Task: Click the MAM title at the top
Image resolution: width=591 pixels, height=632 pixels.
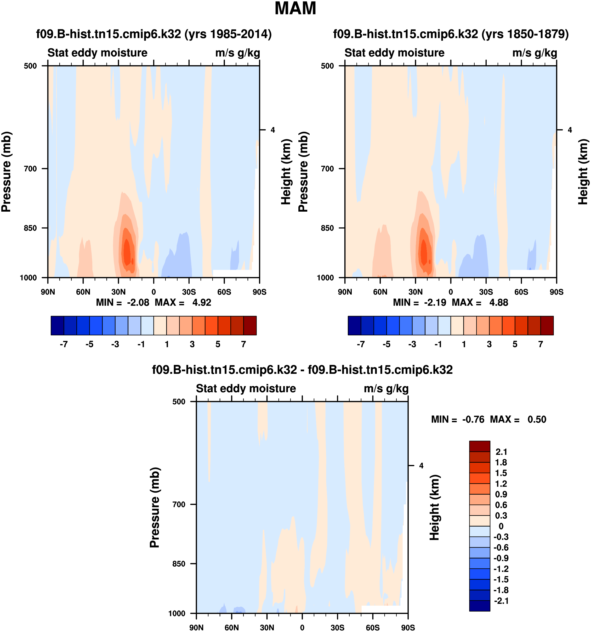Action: point(295,9)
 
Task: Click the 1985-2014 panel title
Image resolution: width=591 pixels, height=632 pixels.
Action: point(154,34)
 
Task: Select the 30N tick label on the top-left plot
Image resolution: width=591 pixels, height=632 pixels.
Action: point(118,292)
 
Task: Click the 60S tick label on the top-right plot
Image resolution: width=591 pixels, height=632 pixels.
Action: point(521,292)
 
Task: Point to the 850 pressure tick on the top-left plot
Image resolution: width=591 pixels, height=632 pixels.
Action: point(31,228)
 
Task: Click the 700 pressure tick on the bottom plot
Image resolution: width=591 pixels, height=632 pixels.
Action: point(179,505)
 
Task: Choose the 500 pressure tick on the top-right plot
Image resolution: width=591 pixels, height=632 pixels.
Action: point(327,66)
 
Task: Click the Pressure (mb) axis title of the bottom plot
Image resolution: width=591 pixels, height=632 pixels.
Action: point(155,508)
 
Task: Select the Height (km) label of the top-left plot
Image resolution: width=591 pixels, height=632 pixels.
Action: point(286,172)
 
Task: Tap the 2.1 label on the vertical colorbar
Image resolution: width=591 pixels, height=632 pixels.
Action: point(501,452)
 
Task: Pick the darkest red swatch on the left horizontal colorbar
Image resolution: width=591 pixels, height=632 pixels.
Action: point(250,325)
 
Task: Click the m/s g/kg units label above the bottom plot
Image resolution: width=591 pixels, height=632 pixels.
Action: point(386,388)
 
